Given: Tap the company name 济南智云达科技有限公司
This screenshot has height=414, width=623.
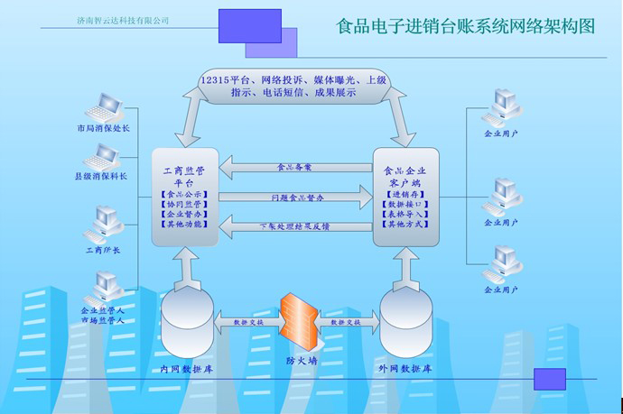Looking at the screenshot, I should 124,20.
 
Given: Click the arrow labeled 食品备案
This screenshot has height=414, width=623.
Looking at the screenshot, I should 295,167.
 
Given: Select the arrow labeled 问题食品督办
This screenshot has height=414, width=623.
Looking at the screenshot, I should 295,197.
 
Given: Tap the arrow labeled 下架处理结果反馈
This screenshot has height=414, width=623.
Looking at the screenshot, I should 295,225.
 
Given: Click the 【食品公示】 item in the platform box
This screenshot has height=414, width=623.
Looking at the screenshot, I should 184,194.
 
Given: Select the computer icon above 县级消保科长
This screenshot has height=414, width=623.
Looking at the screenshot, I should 101,159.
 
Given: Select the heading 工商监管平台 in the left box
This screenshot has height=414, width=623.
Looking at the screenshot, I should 184,174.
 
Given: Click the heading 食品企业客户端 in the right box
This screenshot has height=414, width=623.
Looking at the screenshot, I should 405,174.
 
